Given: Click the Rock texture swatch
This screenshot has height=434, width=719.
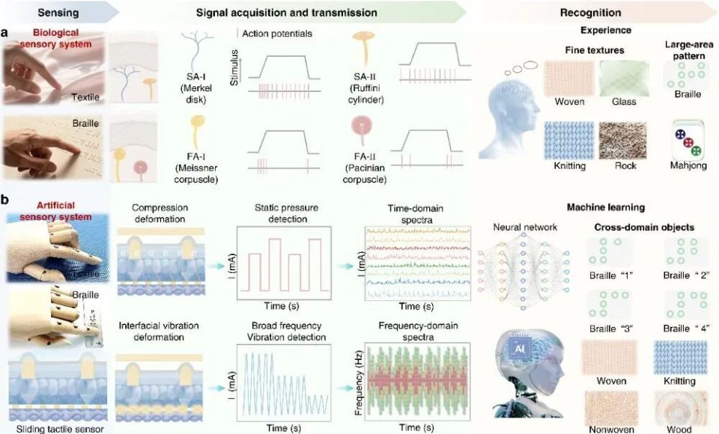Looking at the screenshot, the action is pos(622,141).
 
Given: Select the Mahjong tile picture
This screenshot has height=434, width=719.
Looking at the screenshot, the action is pos(688,140).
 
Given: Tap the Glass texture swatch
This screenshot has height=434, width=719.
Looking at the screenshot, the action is pos(624,79).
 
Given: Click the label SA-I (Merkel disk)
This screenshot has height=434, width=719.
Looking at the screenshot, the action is pos(195,88).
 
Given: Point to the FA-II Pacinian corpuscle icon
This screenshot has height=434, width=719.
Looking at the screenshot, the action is pos(361,130).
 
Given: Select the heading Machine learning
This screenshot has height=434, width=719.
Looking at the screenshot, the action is pos(606,207).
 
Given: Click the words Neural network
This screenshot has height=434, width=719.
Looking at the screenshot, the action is pos(525,227).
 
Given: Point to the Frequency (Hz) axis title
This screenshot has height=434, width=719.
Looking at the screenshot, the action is pos(359,382).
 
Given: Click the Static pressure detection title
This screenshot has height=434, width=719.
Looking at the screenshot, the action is pos(287,213).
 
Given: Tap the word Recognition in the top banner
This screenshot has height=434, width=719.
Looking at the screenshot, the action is pos(591,13).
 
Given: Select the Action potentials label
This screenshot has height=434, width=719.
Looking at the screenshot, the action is pos(277,34).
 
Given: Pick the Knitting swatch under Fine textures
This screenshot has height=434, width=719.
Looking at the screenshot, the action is pos(568,141).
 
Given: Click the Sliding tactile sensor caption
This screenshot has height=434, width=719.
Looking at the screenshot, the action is pos(60,429).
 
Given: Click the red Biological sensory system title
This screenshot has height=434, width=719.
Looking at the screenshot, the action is pos(55,38).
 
